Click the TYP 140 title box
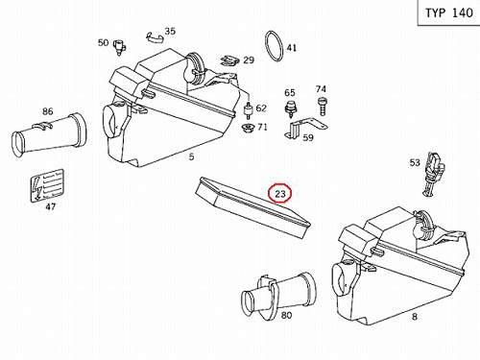(448, 12)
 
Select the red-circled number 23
(280, 193)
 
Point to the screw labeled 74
(322, 106)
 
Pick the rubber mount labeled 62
(249, 110)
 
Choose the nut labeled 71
(248, 129)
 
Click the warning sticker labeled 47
(47, 185)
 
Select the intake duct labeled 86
(50, 134)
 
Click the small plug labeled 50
(120, 47)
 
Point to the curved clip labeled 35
(155, 37)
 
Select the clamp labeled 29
(229, 60)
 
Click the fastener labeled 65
(291, 108)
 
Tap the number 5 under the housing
(191, 156)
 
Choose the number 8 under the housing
(415, 317)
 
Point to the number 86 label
(47, 111)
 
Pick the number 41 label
(291, 48)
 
